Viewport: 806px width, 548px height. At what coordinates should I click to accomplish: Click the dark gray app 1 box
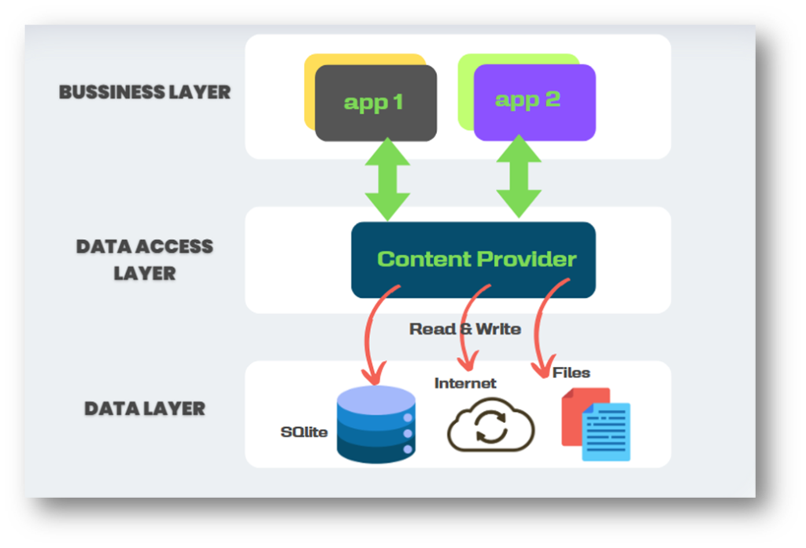[x=375, y=103]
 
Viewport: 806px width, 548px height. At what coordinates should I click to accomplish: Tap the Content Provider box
[x=473, y=259]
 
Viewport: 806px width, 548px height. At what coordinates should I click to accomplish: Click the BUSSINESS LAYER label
[x=145, y=92]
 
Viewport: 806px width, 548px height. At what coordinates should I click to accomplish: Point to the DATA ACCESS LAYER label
[x=145, y=259]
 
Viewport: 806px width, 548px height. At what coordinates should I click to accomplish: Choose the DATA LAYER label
[x=145, y=409]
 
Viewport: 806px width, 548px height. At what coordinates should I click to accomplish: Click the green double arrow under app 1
[x=387, y=180]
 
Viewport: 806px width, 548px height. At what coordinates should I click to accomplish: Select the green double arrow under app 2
[x=519, y=176]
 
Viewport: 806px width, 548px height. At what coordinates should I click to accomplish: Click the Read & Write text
[x=465, y=329]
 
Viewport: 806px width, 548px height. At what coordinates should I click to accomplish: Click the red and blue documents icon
[x=596, y=425]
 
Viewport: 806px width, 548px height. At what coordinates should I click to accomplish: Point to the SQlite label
[x=304, y=432]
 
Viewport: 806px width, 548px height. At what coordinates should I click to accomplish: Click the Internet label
[x=465, y=384]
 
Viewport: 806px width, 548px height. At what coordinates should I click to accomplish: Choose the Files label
[x=571, y=372]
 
